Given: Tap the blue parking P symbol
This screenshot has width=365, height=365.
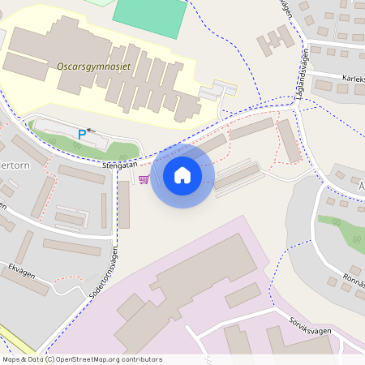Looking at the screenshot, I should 82,134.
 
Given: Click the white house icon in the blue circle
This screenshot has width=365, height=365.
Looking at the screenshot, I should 182,174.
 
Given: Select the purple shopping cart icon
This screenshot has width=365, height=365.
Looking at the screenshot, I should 144,179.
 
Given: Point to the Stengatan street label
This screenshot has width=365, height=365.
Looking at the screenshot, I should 120,164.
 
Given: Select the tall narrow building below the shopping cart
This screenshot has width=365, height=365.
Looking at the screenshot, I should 124,204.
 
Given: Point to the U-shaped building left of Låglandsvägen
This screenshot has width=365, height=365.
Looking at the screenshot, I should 275,41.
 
